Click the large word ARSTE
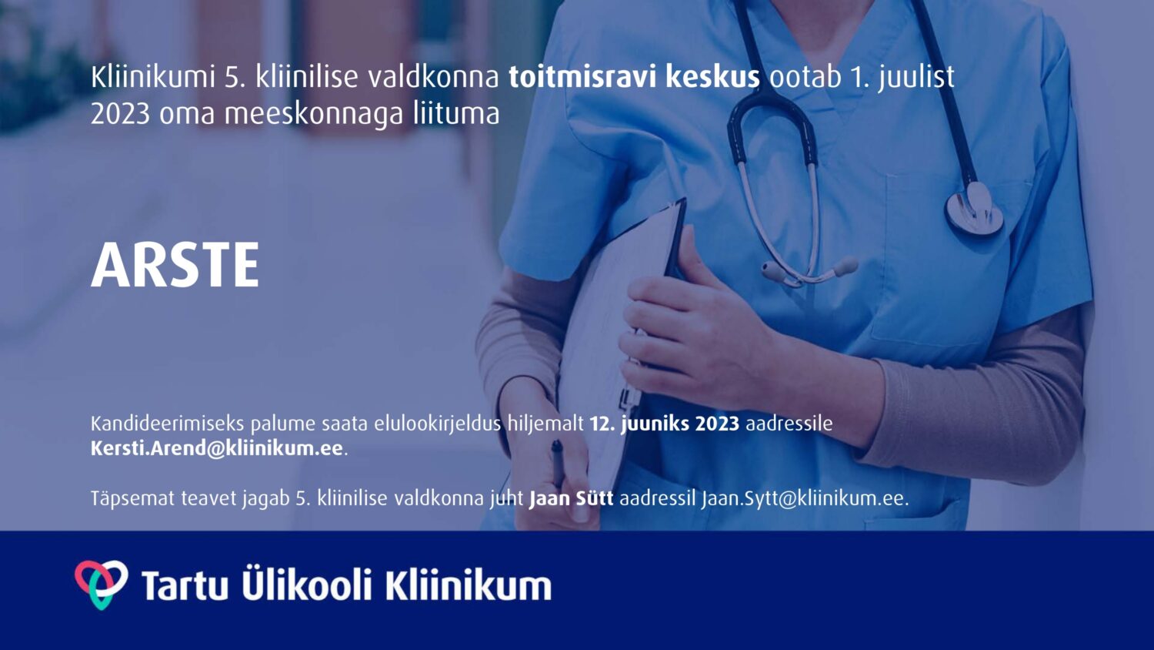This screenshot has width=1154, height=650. click(x=175, y=265)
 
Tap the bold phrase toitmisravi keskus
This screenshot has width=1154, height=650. click(x=634, y=77)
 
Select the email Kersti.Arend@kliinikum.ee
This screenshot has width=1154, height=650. click(x=217, y=447)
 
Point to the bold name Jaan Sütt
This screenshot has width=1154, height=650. click(x=572, y=498)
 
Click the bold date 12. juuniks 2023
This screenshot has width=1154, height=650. click(x=665, y=424)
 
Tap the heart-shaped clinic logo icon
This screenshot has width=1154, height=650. click(x=102, y=585)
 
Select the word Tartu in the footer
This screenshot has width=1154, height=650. click(x=185, y=585)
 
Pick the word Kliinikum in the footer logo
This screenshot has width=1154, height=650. click(x=468, y=585)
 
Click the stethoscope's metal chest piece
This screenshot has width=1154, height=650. click(x=974, y=209)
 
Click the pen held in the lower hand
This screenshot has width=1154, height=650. click(x=558, y=464)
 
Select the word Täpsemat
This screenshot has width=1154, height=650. click(x=133, y=499)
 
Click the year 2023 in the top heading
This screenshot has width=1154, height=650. click(x=121, y=114)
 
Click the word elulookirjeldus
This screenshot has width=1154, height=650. click(x=438, y=424)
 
